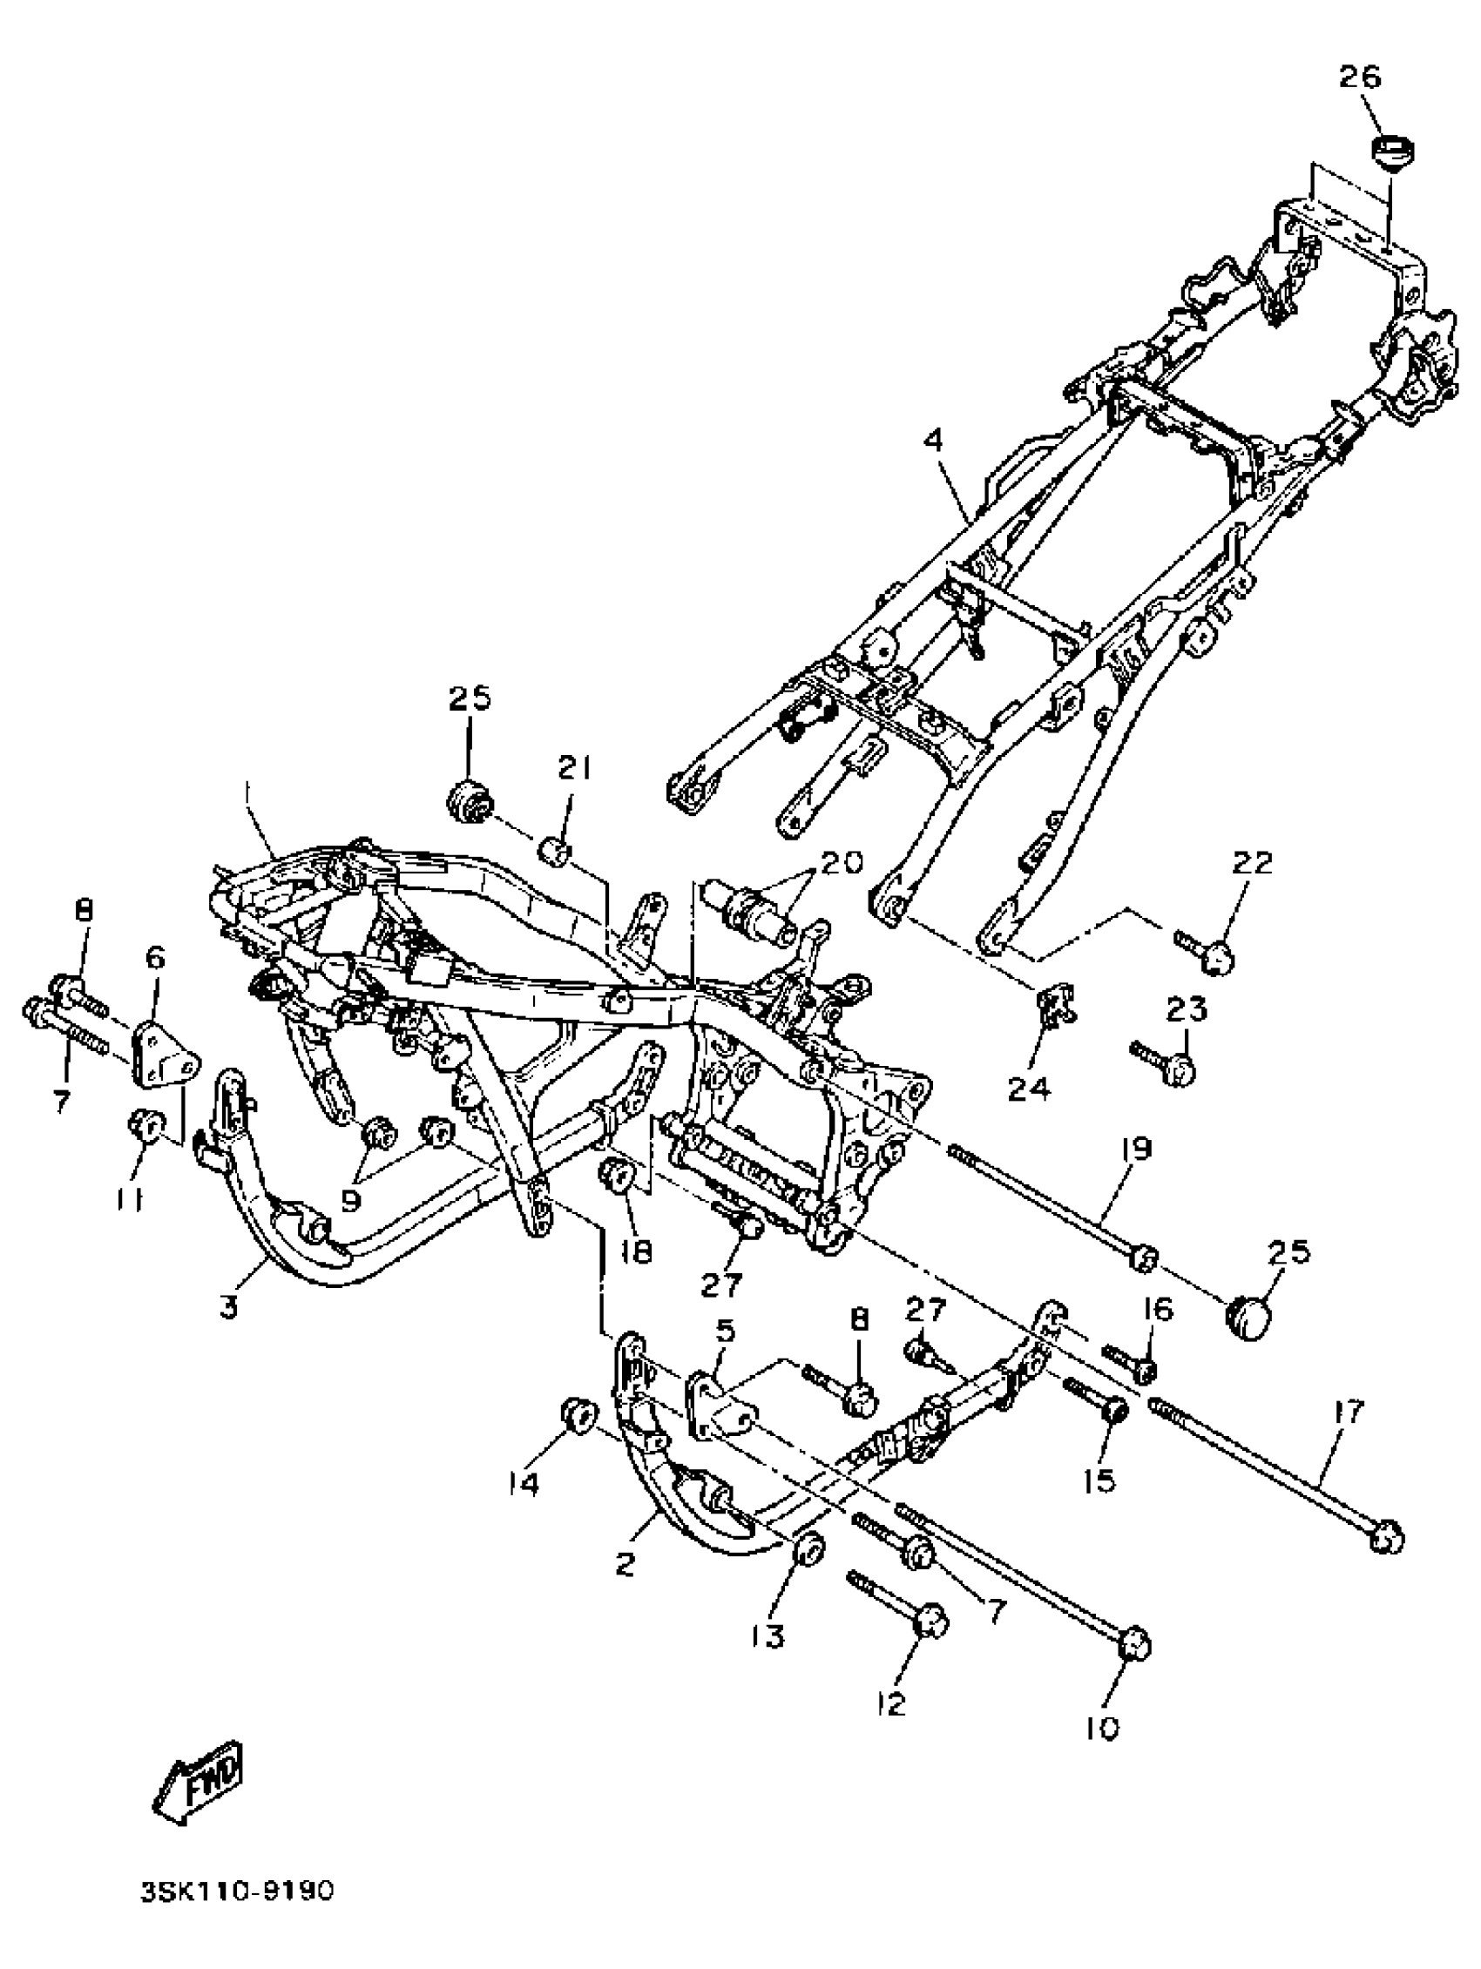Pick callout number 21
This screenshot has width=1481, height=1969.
(x=573, y=767)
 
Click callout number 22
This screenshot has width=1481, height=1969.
(x=1252, y=862)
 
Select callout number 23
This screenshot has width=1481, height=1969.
(x=1186, y=1009)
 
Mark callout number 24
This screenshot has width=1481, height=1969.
(x=1029, y=1088)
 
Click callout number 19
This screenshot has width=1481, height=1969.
(x=1131, y=1150)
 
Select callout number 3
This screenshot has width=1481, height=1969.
(x=229, y=1307)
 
